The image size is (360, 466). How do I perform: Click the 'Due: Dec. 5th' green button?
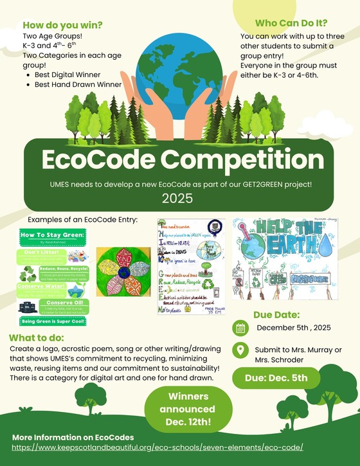click(276, 377)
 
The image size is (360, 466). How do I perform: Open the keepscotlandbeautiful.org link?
click(157, 447)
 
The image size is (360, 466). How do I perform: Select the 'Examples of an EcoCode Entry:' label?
click(83, 220)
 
